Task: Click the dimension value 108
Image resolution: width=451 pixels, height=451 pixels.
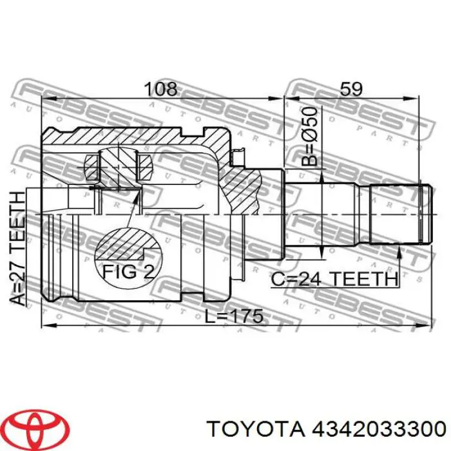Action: (x=160, y=89)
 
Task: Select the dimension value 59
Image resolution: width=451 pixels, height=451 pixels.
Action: (x=351, y=89)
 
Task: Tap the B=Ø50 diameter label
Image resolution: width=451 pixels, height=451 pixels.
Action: (x=310, y=137)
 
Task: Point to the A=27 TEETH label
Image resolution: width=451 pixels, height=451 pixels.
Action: (x=17, y=249)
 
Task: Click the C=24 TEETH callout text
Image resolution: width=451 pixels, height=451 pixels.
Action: (x=334, y=278)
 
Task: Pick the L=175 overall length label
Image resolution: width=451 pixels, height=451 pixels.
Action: (x=234, y=316)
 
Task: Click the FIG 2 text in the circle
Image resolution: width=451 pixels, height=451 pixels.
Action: (x=129, y=271)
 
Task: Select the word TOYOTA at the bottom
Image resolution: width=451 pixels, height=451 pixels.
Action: (x=256, y=430)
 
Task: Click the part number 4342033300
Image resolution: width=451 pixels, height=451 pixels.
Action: (x=379, y=430)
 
